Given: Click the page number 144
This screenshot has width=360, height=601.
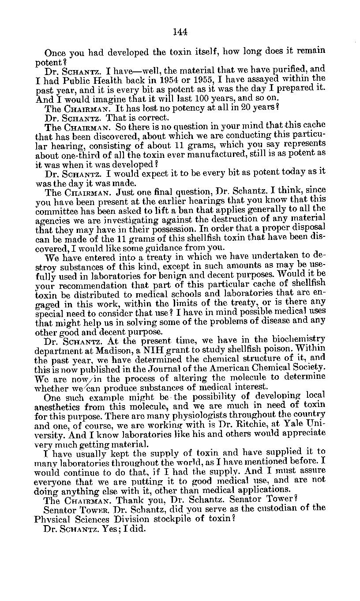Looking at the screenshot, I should point(180,32).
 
